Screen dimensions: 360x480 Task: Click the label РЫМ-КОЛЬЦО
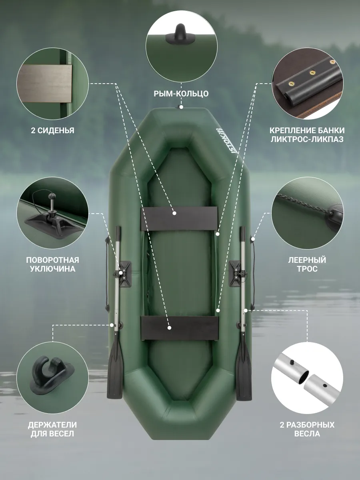[x=181, y=94]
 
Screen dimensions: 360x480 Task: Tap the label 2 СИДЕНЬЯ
[x=52, y=130]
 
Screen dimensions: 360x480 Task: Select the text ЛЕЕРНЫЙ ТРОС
[x=307, y=264]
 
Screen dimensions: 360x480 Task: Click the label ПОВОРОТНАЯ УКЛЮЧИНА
[x=52, y=264]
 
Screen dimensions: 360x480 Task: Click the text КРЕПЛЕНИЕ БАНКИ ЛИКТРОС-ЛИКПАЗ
[x=307, y=135]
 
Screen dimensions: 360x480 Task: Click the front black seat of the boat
[x=179, y=219]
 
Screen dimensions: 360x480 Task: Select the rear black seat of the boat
[x=180, y=328]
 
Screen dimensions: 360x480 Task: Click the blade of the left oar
[x=114, y=372]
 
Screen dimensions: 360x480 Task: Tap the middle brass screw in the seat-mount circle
[x=311, y=73]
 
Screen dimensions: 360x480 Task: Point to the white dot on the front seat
[x=174, y=213]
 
